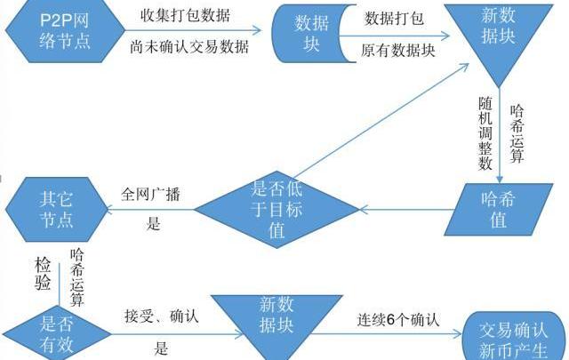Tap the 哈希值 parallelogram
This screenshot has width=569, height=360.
pos(499,209)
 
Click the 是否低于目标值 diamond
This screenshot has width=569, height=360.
pos(276,209)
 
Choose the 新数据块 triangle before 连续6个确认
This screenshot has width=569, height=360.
pos(276,322)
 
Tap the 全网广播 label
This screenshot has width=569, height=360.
pos(150,195)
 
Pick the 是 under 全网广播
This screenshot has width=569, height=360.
pos(153,225)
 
